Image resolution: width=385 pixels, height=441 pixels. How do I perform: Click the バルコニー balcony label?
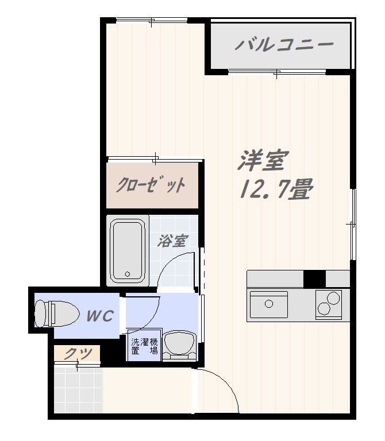(284, 45)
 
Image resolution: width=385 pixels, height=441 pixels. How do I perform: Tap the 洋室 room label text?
(262, 161)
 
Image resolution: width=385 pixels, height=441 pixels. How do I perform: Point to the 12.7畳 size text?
(275, 188)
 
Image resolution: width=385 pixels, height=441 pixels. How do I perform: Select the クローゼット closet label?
(151, 185)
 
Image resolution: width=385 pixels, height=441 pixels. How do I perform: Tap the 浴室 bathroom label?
(172, 241)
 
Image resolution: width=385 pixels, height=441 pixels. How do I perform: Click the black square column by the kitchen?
(314, 278)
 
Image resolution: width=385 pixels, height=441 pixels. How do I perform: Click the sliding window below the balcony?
(277, 72)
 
